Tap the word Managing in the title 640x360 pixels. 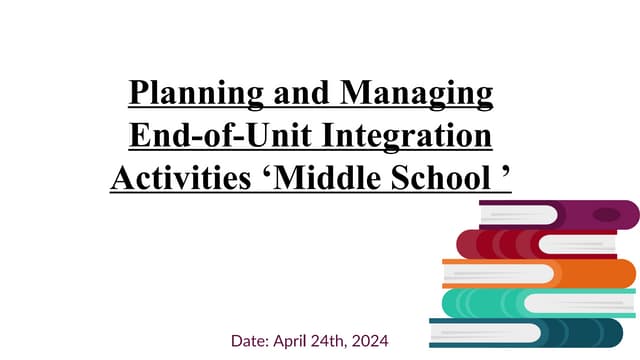click(418, 95)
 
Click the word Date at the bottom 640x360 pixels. click(250, 341)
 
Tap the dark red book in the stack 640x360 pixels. click(490, 244)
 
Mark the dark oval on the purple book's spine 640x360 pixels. click(605, 214)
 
